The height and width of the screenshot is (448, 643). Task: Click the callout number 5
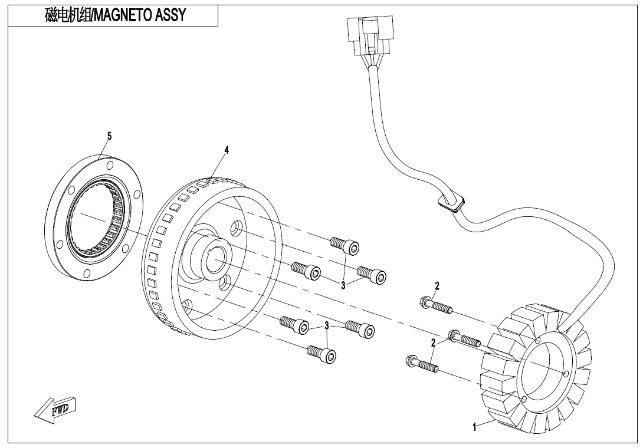click(x=109, y=136)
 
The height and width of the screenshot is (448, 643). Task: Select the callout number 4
click(x=227, y=150)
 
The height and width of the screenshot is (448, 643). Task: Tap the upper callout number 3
click(x=343, y=285)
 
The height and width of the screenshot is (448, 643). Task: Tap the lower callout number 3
click(x=326, y=325)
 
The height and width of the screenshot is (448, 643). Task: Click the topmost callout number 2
click(x=437, y=286)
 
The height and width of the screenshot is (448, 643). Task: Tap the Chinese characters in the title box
click(x=66, y=15)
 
